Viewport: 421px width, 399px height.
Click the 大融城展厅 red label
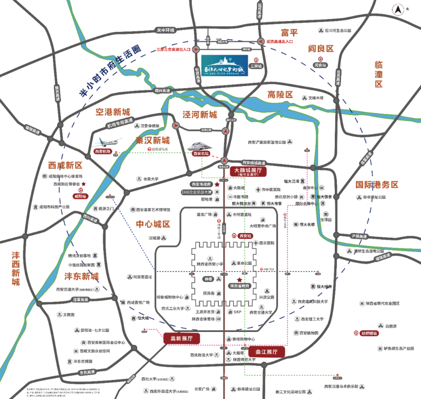249,171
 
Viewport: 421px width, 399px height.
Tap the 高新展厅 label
181,338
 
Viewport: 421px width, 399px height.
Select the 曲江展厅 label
266,352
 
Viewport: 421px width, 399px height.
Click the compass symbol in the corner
398,9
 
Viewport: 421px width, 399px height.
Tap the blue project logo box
224,65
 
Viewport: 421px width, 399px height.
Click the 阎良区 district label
321,48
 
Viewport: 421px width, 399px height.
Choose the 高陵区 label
280,95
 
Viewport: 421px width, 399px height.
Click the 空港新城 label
113,111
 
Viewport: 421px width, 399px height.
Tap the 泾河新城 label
200,114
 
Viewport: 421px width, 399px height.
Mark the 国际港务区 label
377,184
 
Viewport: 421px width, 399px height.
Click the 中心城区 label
153,224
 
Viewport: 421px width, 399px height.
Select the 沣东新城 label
82,276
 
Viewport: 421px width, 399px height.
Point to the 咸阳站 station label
81,196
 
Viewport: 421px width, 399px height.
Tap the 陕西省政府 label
240,285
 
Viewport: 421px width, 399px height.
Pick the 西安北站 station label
200,154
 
